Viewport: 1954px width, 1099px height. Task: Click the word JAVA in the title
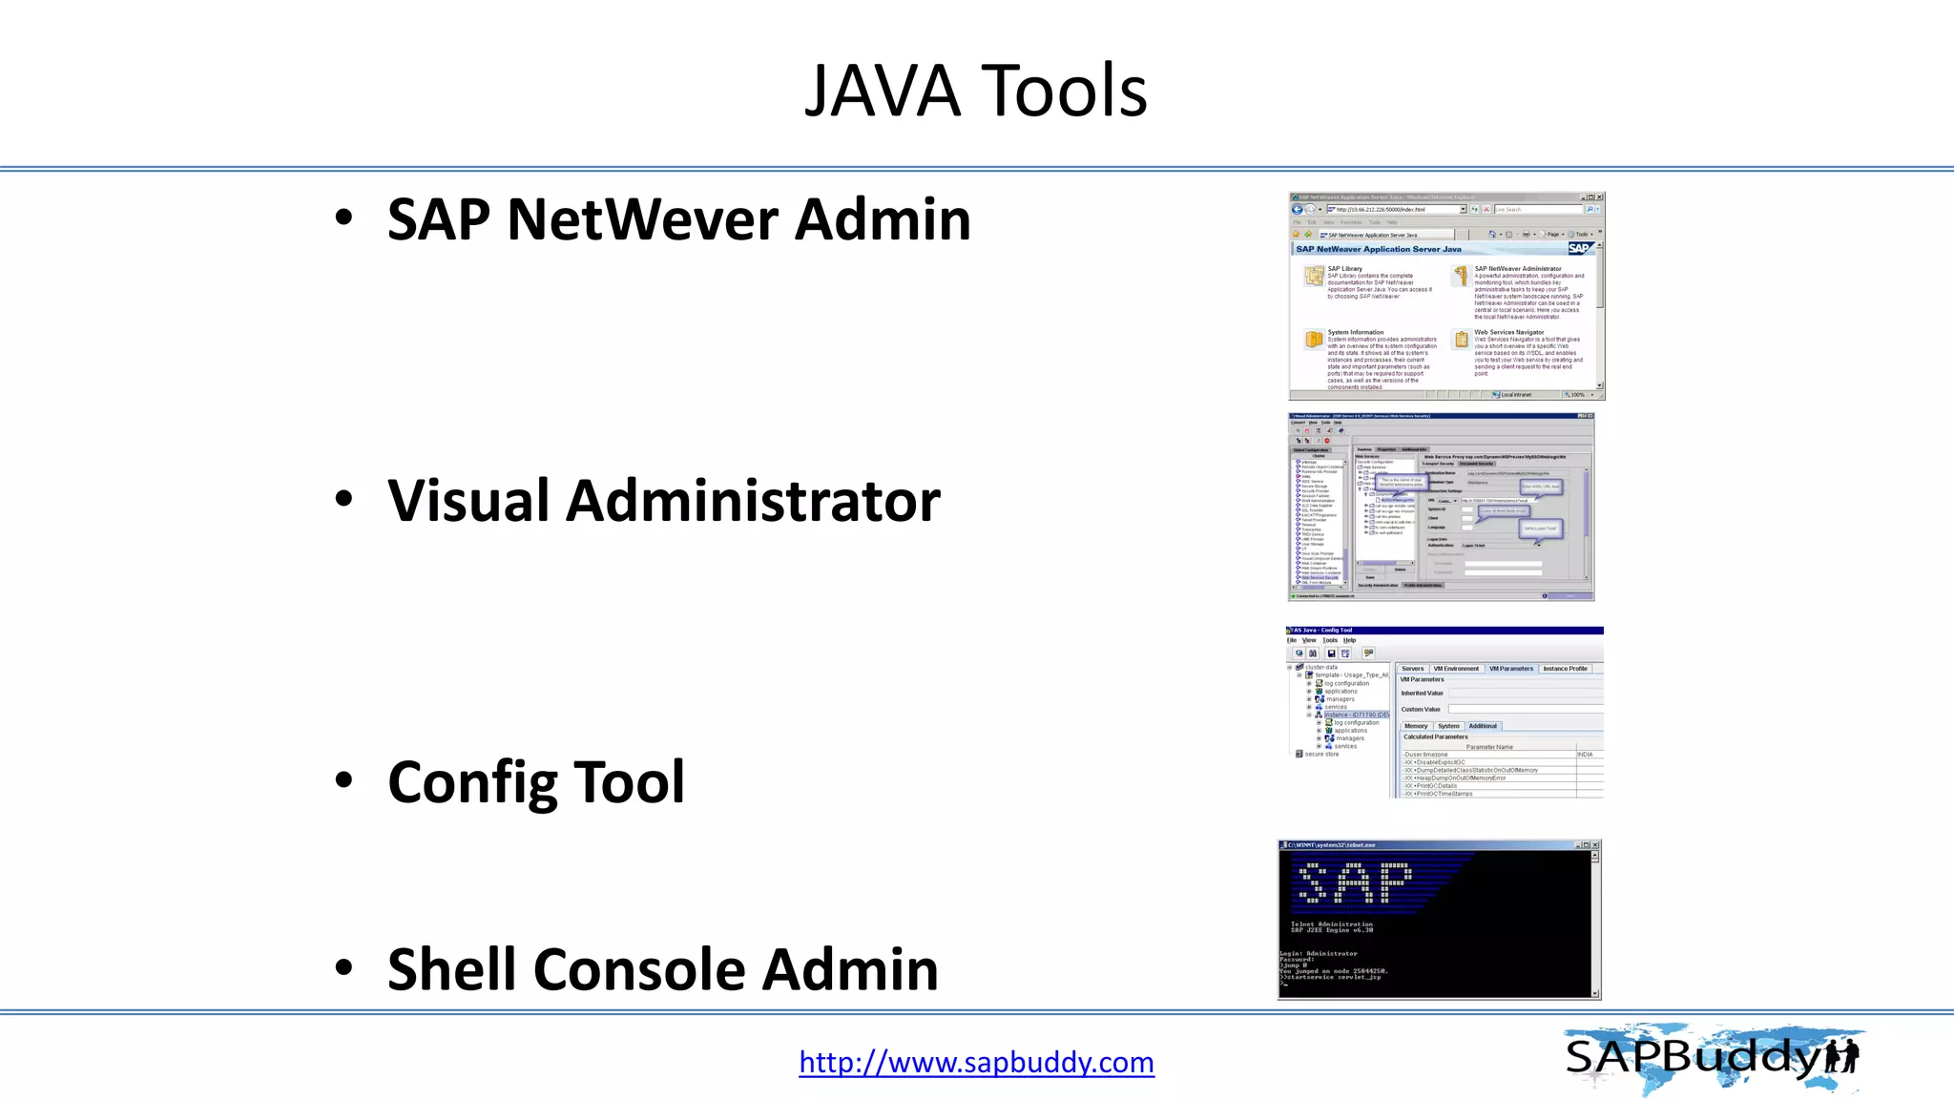[882, 92]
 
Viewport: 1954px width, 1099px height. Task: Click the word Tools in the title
[1064, 92]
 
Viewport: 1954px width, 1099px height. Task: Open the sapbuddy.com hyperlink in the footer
[976, 1062]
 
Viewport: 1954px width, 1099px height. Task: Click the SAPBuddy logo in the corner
[1713, 1058]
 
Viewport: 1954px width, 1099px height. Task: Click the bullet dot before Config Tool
[343, 780]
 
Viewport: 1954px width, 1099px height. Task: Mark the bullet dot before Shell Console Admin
[343, 967]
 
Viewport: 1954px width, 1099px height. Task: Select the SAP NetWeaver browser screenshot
[1445, 296]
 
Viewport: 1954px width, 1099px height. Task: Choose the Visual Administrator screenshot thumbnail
[1441, 507]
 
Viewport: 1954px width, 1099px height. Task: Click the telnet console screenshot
[1439, 920]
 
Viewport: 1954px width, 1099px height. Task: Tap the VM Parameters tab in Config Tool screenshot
[1510, 669]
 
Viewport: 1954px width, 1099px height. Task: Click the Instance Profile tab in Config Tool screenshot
[1565, 669]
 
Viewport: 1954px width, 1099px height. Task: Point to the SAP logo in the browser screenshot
[1579, 249]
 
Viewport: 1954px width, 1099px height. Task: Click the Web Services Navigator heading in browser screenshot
[1508, 332]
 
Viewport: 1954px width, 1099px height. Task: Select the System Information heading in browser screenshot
[1355, 332]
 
